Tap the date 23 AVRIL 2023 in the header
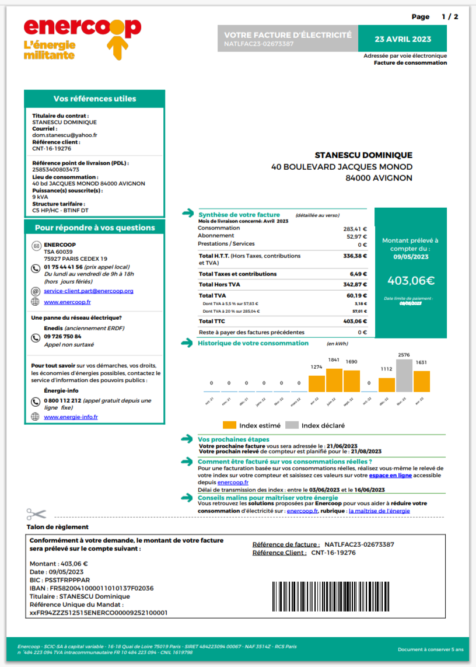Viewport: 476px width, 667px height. pos(402,39)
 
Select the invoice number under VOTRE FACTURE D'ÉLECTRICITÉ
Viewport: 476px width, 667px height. pos(258,44)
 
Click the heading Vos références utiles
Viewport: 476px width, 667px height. pos(94,99)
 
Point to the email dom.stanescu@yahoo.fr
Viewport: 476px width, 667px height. pos(64,135)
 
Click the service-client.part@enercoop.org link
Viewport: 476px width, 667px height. pos(89,291)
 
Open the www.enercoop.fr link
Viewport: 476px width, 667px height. pos(67,302)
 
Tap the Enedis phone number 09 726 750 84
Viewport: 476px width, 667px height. pos(63,337)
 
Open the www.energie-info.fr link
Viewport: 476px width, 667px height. pos(71,417)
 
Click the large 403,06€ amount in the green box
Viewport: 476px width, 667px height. pos(411,280)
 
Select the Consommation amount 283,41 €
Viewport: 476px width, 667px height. pos(355,229)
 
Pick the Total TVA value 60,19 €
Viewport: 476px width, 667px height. pos(355,296)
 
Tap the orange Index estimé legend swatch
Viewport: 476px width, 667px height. pos(229,425)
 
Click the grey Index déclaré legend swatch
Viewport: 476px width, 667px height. pos(292,425)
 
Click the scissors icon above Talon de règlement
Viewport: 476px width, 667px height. pos(36,514)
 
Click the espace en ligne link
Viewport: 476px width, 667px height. pos(390,476)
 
